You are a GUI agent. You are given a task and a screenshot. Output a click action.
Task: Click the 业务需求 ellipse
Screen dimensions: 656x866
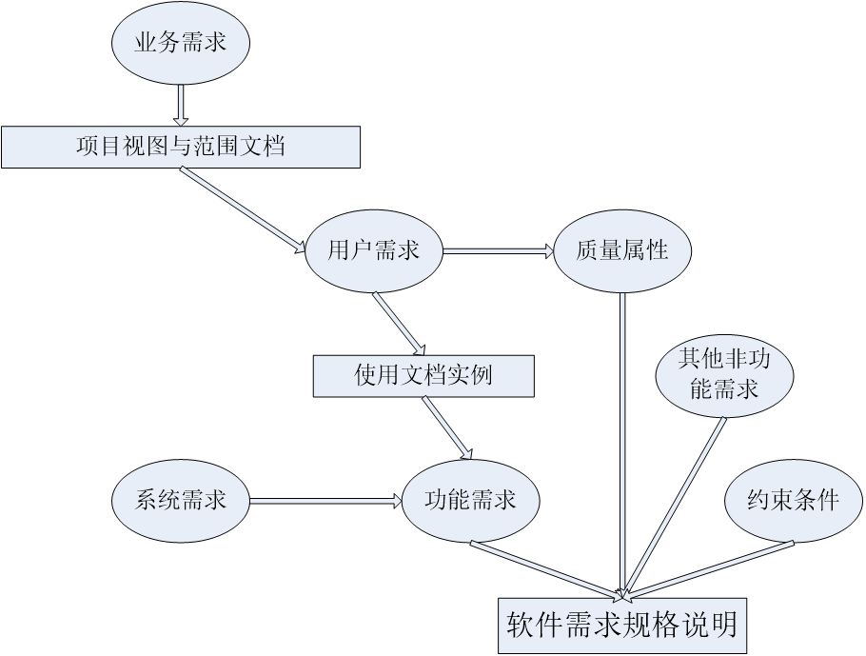pyautogui.click(x=181, y=44)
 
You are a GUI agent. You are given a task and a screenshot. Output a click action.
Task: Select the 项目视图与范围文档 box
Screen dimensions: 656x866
pyautogui.click(x=180, y=147)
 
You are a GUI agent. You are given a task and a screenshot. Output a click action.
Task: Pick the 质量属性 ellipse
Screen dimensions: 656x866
pyautogui.click(x=622, y=250)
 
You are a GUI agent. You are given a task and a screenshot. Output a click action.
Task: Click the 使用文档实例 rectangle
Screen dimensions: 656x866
pyautogui.click(x=423, y=375)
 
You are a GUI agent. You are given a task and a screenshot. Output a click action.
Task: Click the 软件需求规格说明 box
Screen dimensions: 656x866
pyautogui.click(x=622, y=625)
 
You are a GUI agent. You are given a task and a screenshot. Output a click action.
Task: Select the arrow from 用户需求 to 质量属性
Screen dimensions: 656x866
pyautogui.click(x=498, y=251)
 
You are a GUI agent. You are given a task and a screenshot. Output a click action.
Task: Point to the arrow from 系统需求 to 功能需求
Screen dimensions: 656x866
pyautogui.click(x=324, y=500)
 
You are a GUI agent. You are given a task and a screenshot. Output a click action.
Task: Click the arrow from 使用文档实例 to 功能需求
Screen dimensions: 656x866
pyautogui.click(x=447, y=427)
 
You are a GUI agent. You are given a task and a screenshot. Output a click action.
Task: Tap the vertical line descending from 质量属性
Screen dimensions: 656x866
pyautogui.click(x=622, y=438)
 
